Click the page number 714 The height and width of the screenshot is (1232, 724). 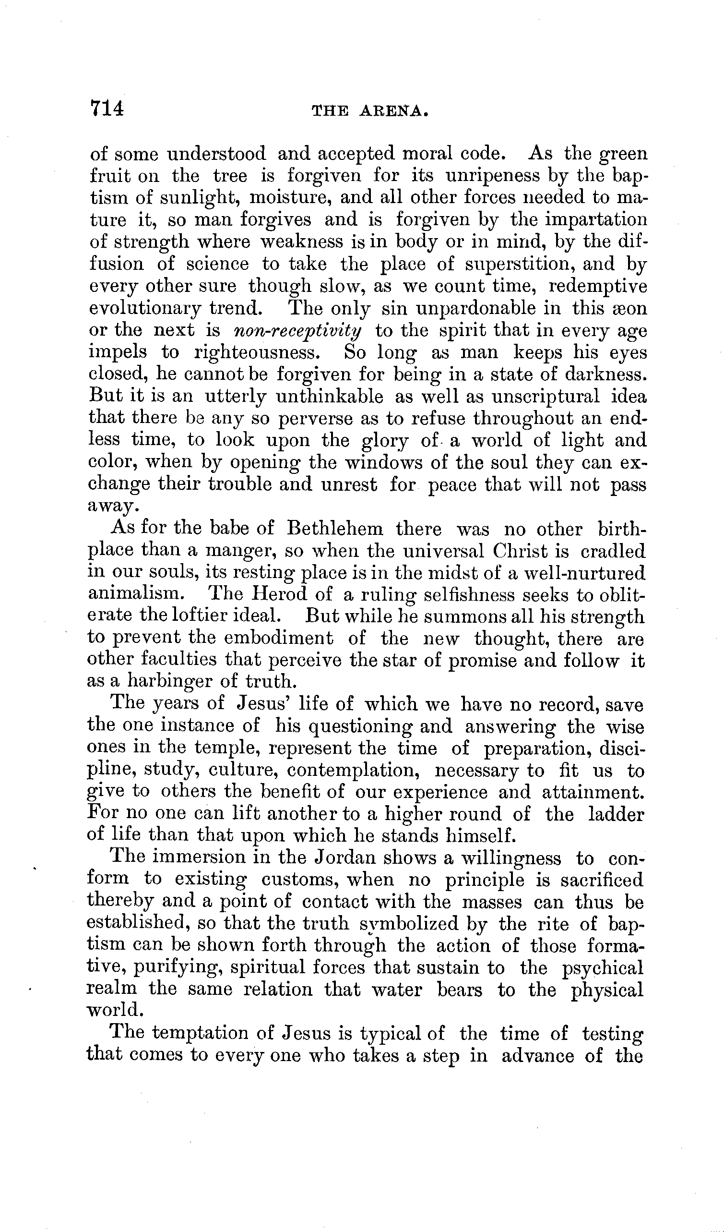pyautogui.click(x=107, y=108)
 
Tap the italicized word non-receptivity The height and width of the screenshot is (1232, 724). pyautogui.click(x=298, y=331)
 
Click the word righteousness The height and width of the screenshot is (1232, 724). pyautogui.click(x=254, y=352)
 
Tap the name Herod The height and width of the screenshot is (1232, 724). pyautogui.click(x=279, y=594)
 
